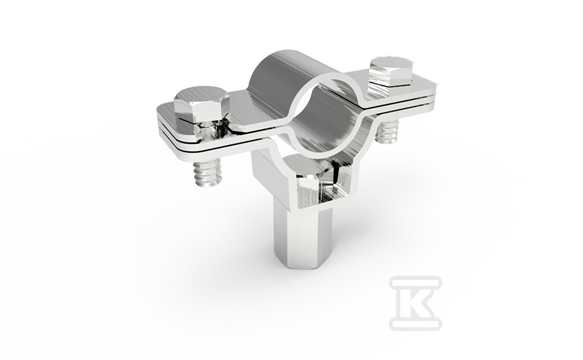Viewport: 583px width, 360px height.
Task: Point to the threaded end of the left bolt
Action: pos(208,172)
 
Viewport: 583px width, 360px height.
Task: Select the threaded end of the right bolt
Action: pos(387,131)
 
